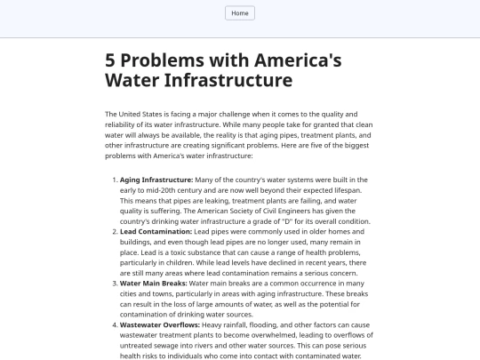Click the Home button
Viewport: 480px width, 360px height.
240,13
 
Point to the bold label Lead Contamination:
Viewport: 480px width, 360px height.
156,231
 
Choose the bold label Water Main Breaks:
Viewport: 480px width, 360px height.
153,283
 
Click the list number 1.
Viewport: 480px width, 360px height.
114,180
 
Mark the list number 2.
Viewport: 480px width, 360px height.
114,231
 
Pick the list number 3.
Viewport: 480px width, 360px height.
114,283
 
